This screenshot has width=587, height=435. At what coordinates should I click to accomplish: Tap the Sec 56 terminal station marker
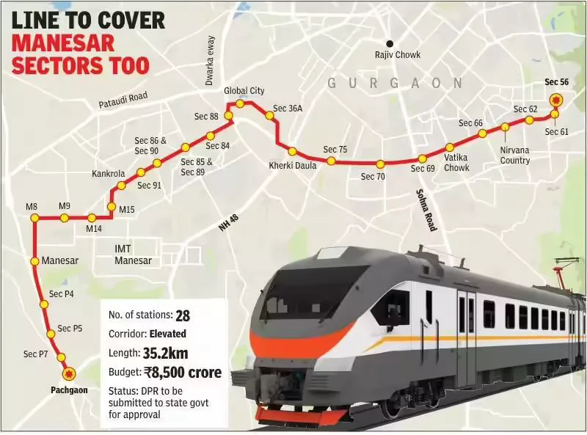coord(556,100)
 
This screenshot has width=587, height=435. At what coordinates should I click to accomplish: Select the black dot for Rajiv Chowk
coord(391,43)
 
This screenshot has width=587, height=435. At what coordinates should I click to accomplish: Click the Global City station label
coord(244,90)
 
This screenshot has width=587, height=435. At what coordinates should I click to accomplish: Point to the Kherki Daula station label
coord(292,166)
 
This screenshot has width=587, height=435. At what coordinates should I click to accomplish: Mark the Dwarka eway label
coord(210,60)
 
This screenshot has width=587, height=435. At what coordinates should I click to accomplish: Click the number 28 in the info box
coord(183,315)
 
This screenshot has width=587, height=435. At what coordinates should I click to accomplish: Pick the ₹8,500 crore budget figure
coord(183,373)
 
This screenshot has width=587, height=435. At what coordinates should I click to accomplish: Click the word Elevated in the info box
coord(168,334)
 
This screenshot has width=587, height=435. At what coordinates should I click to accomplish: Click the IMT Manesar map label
coord(133,255)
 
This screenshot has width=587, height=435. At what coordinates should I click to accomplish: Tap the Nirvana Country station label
coord(515,155)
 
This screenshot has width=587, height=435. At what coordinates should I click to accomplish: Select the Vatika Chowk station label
coord(456,162)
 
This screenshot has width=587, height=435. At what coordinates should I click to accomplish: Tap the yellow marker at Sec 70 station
coord(380,164)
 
